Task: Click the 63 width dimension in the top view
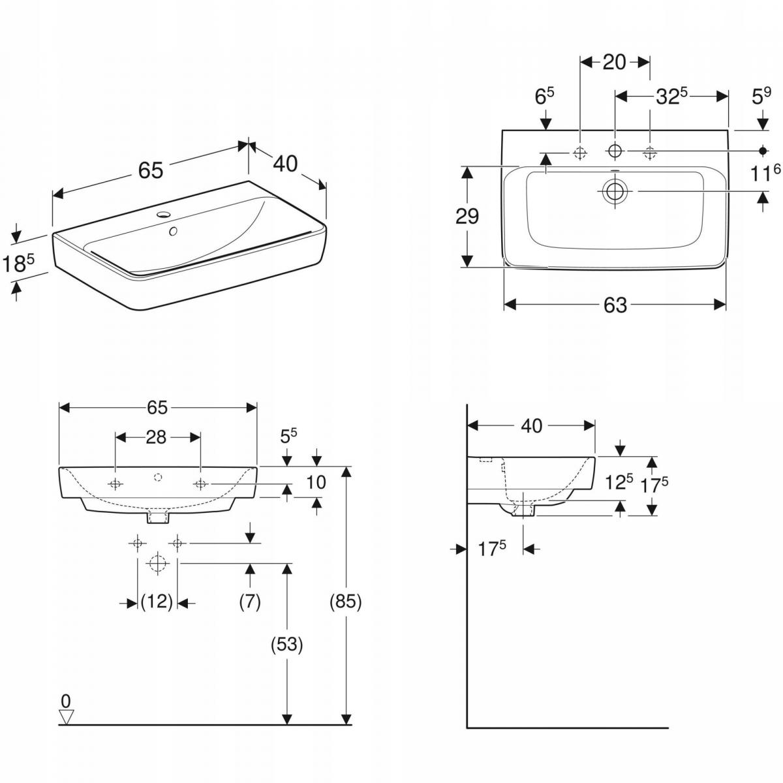[615, 305]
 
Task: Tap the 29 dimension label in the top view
[467, 216]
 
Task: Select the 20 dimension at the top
[614, 62]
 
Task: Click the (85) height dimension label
[346, 602]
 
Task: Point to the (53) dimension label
[287, 645]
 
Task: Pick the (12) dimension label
[157, 602]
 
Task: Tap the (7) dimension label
[249, 602]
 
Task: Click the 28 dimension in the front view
[156, 437]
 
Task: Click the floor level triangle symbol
[67, 716]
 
